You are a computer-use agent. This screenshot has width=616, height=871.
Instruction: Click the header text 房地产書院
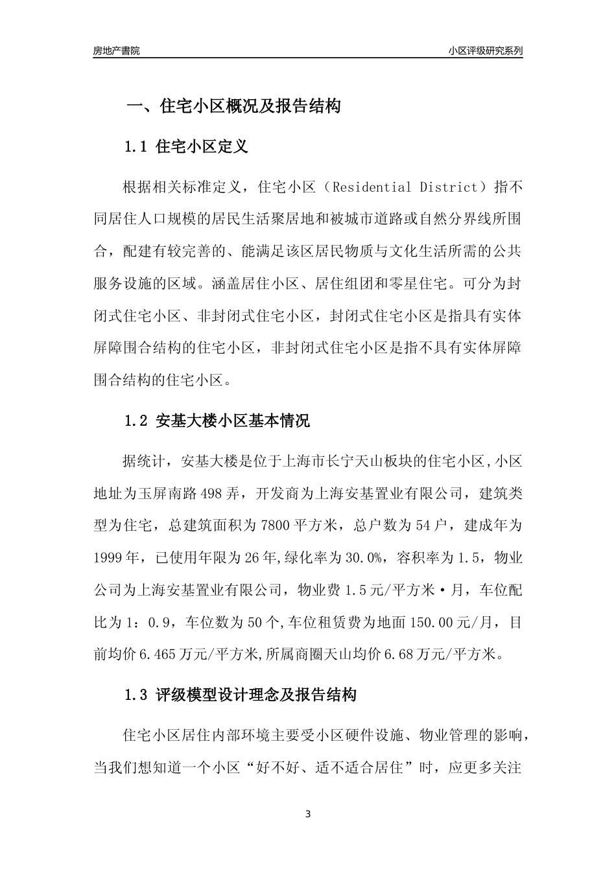pyautogui.click(x=116, y=50)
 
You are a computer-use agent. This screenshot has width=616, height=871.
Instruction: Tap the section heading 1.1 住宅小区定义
pyautogui.click(x=186, y=146)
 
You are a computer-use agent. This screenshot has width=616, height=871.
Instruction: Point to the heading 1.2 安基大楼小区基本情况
pyautogui.click(x=217, y=421)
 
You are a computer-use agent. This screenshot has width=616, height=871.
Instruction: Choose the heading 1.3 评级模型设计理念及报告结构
pyautogui.click(x=240, y=696)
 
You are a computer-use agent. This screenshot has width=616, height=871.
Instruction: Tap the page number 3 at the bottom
pyautogui.click(x=308, y=814)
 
